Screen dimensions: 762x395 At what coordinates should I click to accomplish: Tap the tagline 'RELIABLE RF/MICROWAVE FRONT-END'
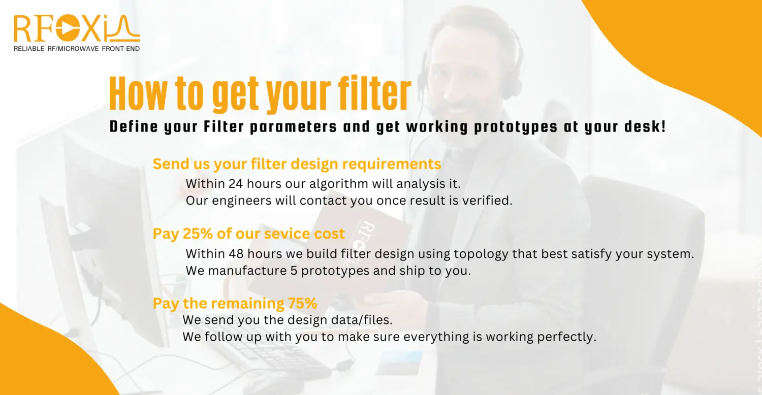77,49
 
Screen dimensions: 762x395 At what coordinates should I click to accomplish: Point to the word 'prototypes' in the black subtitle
516,127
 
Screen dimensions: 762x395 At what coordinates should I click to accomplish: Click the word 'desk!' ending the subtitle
645,126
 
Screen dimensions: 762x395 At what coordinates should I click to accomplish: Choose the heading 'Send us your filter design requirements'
297,164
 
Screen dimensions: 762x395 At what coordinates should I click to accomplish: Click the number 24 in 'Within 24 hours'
235,184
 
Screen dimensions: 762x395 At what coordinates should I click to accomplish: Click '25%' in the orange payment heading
198,234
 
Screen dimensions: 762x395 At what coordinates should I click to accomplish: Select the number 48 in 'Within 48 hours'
236,254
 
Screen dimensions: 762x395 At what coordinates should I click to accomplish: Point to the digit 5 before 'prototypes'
294,271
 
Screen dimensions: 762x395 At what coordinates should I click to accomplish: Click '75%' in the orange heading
302,304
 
